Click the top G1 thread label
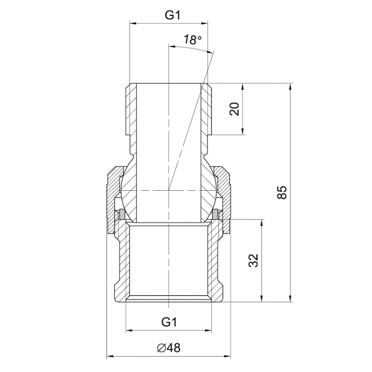pyautogui.click(x=172, y=16)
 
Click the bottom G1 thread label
pyautogui.click(x=169, y=322)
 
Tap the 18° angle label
pyautogui.click(x=192, y=40)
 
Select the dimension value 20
pyautogui.click(x=235, y=109)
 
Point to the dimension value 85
pyautogui.click(x=282, y=192)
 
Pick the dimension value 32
pyautogui.click(x=254, y=261)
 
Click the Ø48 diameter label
pyautogui.click(x=169, y=348)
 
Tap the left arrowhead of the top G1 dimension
pyautogui.click(x=133, y=23)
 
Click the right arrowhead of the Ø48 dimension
pyautogui.click(x=227, y=356)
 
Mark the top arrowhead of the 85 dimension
pyautogui.click(x=290, y=87)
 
